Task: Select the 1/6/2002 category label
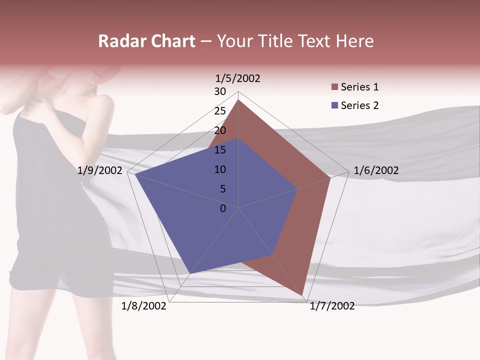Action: tap(376, 170)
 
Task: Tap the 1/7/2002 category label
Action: tap(332, 306)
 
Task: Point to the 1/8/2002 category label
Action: tap(144, 306)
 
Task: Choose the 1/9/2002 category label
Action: tap(99, 170)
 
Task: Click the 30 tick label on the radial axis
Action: tap(220, 91)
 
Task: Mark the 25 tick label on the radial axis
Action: tap(220, 111)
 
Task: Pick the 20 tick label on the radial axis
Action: tap(220, 130)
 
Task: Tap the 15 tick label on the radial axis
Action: tap(220, 150)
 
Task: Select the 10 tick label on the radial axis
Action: tap(220, 169)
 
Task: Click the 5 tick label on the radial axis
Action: tap(222, 189)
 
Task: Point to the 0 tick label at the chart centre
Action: tap(223, 208)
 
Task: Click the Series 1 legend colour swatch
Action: tap(335, 87)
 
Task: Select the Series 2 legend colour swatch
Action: tap(335, 105)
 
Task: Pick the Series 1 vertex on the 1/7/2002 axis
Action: tap(302, 295)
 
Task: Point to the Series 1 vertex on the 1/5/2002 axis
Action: tap(238, 100)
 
